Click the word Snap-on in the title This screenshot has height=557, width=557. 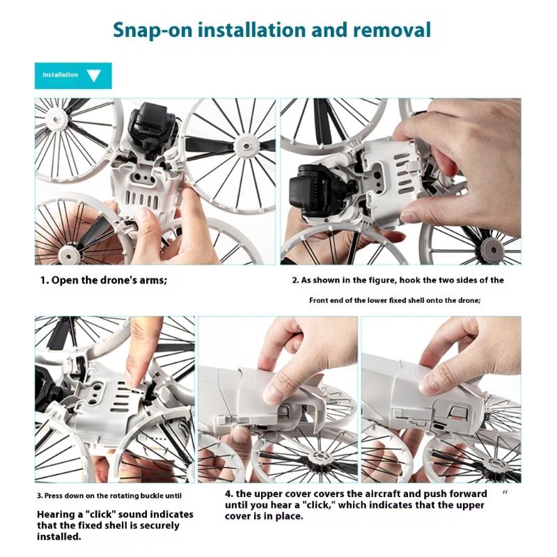152,30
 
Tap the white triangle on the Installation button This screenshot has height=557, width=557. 94,76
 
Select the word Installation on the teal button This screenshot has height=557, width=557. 61,74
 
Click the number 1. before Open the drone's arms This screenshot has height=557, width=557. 45,281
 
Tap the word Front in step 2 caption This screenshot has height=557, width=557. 317,300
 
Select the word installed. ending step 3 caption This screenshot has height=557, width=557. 59,536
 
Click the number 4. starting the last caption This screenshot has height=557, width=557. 229,494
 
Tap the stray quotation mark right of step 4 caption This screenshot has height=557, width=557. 505,492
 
